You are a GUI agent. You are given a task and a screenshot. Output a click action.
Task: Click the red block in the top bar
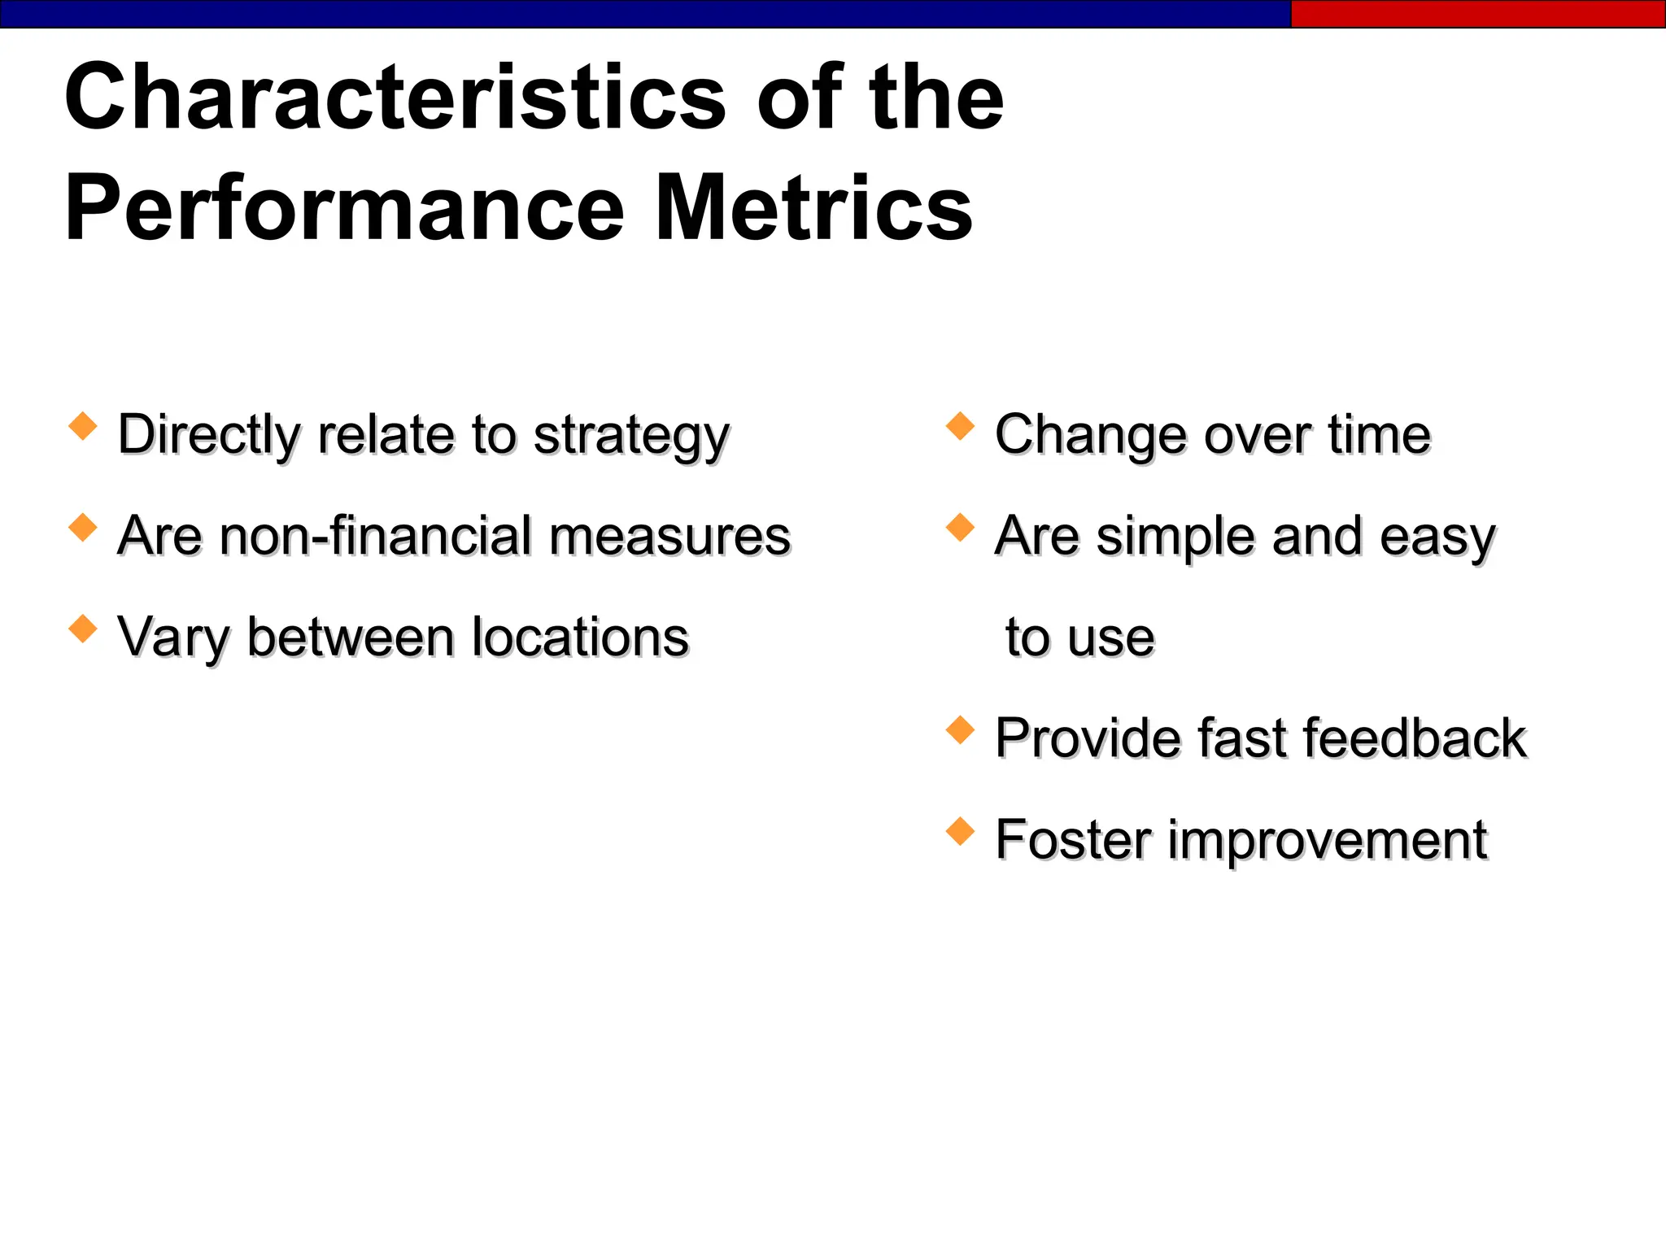1477,14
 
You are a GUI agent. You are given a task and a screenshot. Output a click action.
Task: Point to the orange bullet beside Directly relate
83,426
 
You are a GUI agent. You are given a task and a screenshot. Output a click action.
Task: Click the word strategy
631,437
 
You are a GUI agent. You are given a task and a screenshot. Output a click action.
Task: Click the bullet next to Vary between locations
83,629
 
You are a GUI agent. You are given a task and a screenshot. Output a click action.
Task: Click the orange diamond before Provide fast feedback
960,729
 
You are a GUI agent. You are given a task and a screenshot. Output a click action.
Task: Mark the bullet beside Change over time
960,426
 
